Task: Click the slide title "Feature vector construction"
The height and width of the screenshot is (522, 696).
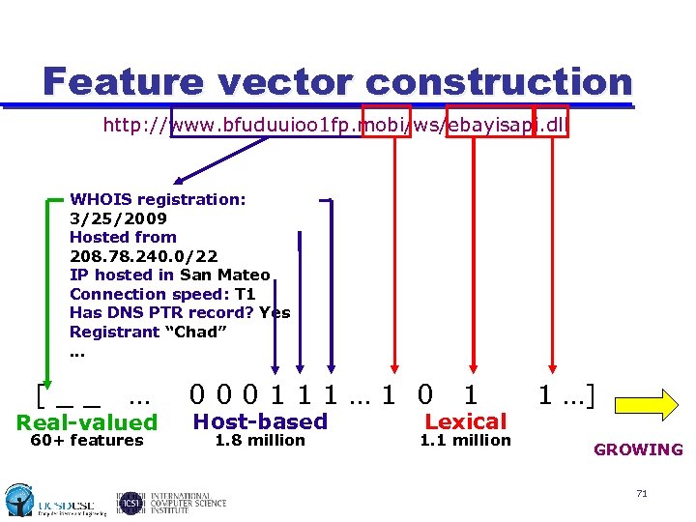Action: (337, 81)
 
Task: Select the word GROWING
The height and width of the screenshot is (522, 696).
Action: (638, 449)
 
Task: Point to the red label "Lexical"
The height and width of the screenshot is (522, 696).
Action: (466, 421)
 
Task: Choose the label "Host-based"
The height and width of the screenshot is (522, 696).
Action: (260, 421)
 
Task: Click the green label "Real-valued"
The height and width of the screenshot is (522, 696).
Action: (87, 422)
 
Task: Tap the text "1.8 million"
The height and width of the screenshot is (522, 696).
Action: (259, 441)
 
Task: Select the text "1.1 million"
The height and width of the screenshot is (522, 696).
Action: (465, 441)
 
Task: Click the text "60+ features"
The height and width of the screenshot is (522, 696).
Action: (87, 441)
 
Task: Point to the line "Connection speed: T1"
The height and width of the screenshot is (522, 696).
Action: (162, 294)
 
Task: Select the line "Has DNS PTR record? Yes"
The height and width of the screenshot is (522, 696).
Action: (180, 312)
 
